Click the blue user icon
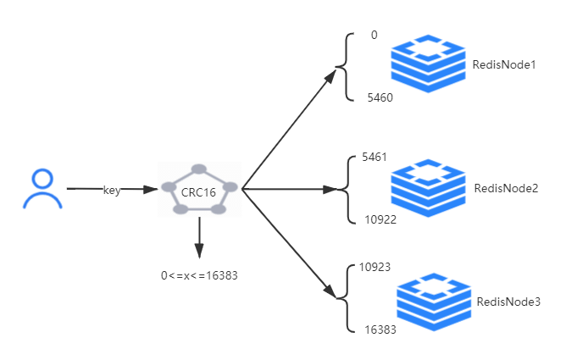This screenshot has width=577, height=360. [x=42, y=189]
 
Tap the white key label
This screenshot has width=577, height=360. [x=112, y=190]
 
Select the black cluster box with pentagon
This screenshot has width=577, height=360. [x=199, y=190]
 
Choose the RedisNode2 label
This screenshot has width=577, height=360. [x=506, y=188]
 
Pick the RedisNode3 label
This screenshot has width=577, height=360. [x=508, y=302]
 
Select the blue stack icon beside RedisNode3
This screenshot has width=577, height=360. [x=435, y=302]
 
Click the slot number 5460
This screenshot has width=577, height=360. [x=380, y=97]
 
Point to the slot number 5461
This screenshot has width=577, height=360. [x=374, y=158]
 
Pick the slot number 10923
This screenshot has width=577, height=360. [x=374, y=267]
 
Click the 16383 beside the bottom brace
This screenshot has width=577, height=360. [x=380, y=329]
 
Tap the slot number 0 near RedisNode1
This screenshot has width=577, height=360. [x=374, y=36]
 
